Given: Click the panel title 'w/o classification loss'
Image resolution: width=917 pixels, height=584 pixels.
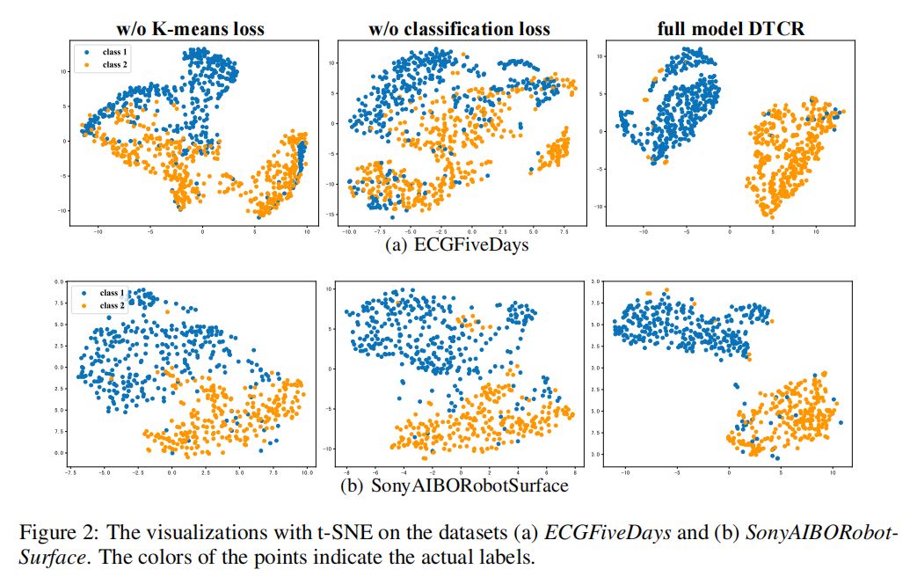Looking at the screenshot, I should (x=459, y=29).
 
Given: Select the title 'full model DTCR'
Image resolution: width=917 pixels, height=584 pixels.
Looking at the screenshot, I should (x=731, y=29).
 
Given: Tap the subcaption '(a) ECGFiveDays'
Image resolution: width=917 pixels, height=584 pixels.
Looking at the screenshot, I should (x=459, y=245).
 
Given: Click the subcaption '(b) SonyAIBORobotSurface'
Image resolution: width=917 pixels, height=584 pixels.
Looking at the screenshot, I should (x=459, y=485).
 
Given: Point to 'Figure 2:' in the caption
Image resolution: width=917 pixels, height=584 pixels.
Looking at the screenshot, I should (x=55, y=534).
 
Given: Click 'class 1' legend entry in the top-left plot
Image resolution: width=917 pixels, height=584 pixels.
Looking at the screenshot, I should (x=114, y=53).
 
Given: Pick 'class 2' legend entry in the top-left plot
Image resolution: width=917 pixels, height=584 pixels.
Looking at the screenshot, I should (x=114, y=64).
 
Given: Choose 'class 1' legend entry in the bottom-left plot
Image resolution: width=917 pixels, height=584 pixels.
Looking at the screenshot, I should (x=113, y=293).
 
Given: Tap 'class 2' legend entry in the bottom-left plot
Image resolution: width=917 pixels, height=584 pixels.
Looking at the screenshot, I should (x=113, y=305).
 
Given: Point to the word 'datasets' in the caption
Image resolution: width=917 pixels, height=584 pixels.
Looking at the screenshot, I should (x=479, y=534).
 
